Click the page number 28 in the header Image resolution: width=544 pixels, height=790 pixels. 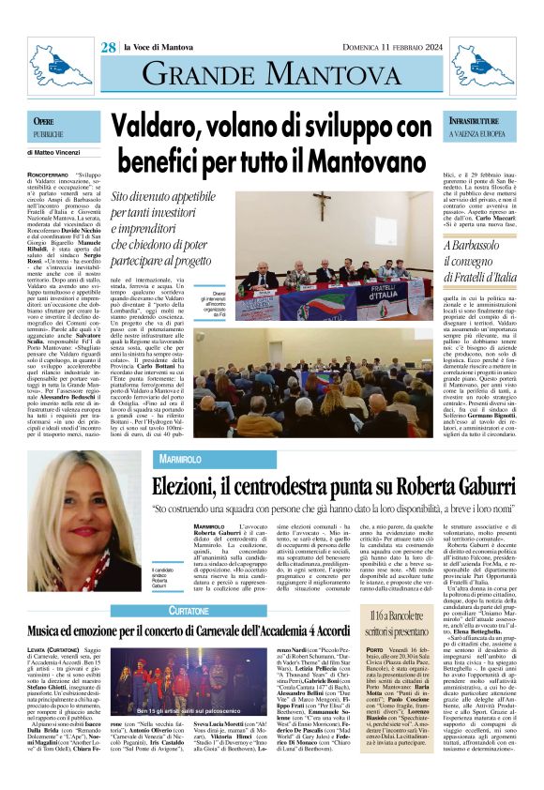tap(109, 47)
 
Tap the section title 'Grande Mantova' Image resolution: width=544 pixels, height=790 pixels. tap(271, 74)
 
